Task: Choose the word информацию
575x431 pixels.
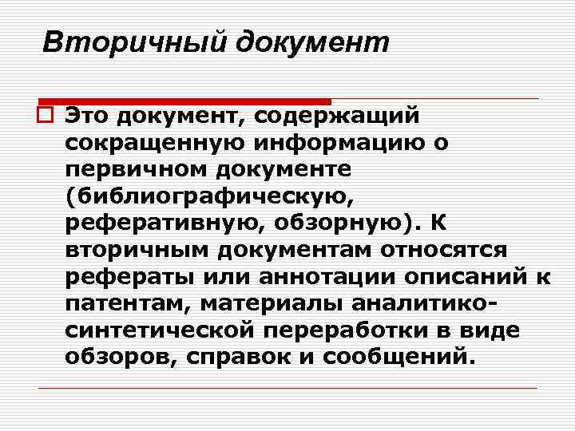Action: (339, 143)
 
